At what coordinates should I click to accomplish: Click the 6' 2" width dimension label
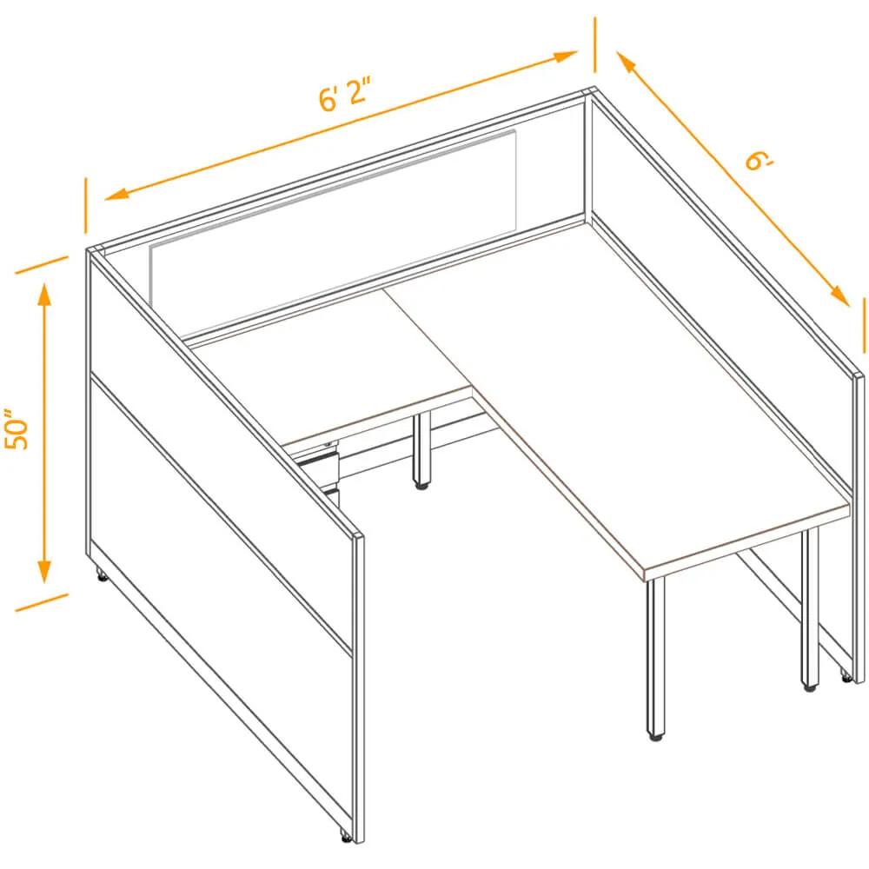coord(344,94)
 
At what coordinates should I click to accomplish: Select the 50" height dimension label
coord(16,430)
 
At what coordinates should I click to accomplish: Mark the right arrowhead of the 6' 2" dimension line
coord(566,56)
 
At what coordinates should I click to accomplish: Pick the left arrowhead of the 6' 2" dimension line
coord(116,193)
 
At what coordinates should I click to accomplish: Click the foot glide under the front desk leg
coord(656,738)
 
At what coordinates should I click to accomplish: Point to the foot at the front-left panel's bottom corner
coord(345,837)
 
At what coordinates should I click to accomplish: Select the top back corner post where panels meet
coord(588,156)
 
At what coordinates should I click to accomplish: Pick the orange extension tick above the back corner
coord(595,45)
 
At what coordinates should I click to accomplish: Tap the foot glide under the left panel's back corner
coord(102,576)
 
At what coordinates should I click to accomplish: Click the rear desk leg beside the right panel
coord(810,607)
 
